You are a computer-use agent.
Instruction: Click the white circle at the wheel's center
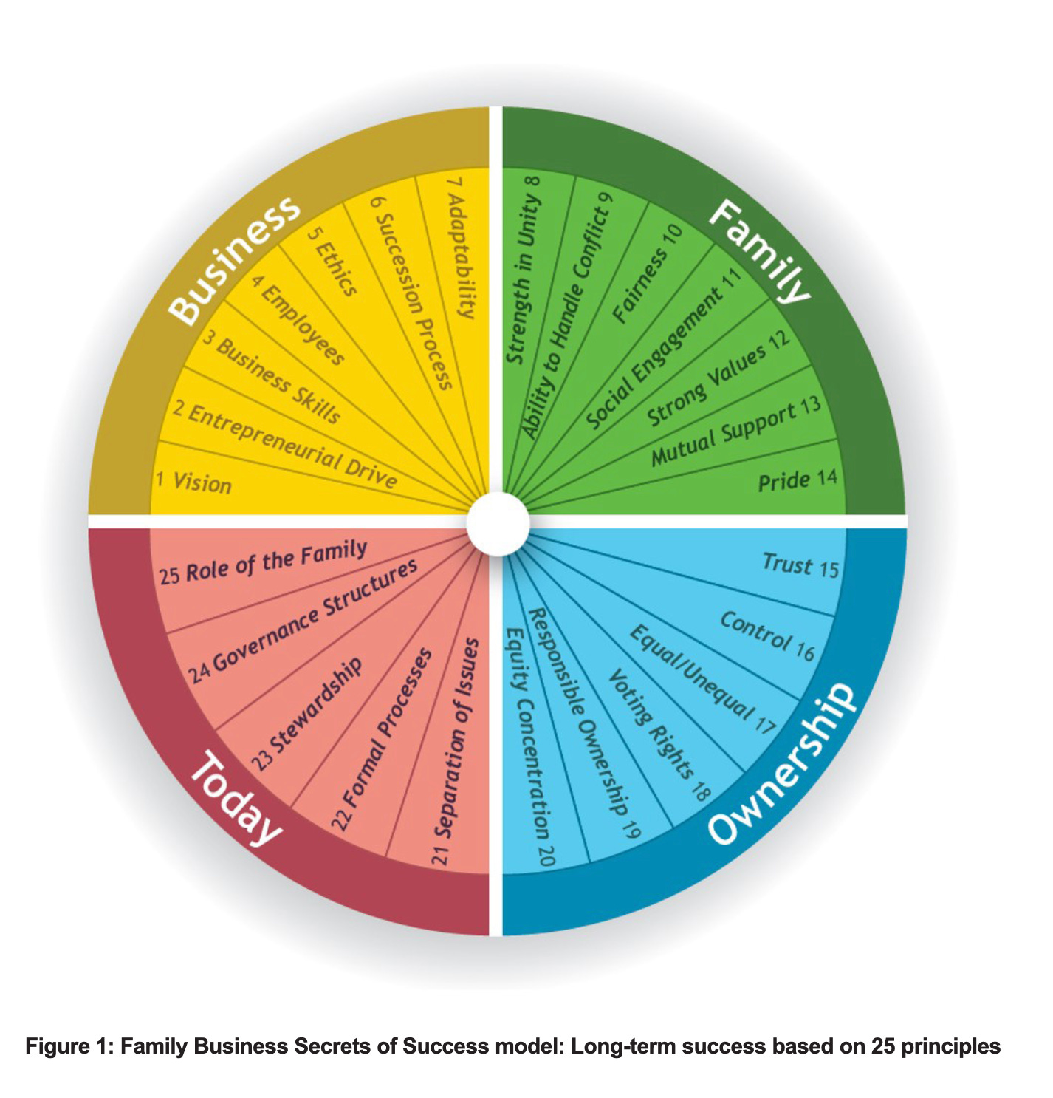pos(498,522)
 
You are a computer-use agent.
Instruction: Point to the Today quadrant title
pos(236,798)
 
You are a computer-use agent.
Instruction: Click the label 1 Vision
pos(193,482)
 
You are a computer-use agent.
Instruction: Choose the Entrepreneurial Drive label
pos(285,446)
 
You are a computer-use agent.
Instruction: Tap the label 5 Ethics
pos(332,262)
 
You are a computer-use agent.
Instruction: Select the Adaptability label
pos(462,247)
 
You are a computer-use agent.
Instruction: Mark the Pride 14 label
pos(797,480)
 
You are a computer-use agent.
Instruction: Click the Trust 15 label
pos(800,565)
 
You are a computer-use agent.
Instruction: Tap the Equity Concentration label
pos(527,746)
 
